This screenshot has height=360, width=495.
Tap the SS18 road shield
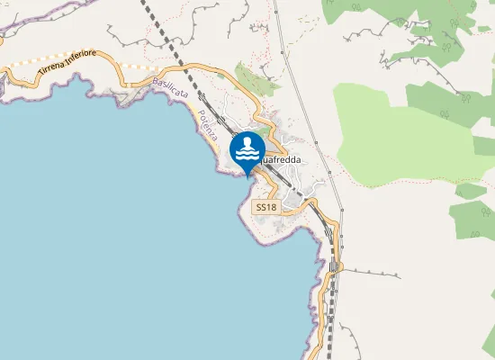pos(266,207)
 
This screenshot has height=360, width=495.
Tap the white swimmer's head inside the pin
pos(247,142)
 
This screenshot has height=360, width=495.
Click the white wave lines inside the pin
pos(247,156)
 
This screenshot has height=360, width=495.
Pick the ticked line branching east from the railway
pos(369,271)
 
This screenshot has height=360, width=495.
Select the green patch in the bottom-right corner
pos(486,342)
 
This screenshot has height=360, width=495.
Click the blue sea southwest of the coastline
pos(108,243)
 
